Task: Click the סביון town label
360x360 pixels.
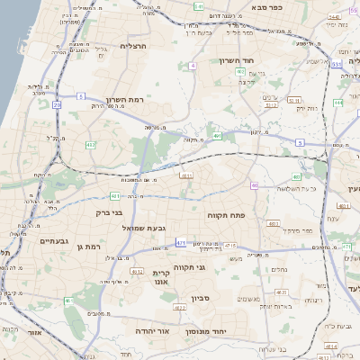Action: coord(200,298)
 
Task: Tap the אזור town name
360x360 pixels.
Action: coord(34,332)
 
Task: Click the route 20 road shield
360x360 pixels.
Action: coord(57,104)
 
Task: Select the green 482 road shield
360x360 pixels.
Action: coord(91,144)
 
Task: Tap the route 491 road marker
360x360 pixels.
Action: coord(217,136)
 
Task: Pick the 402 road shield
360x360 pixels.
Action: coord(240,70)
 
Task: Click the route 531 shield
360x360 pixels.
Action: coord(334,64)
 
